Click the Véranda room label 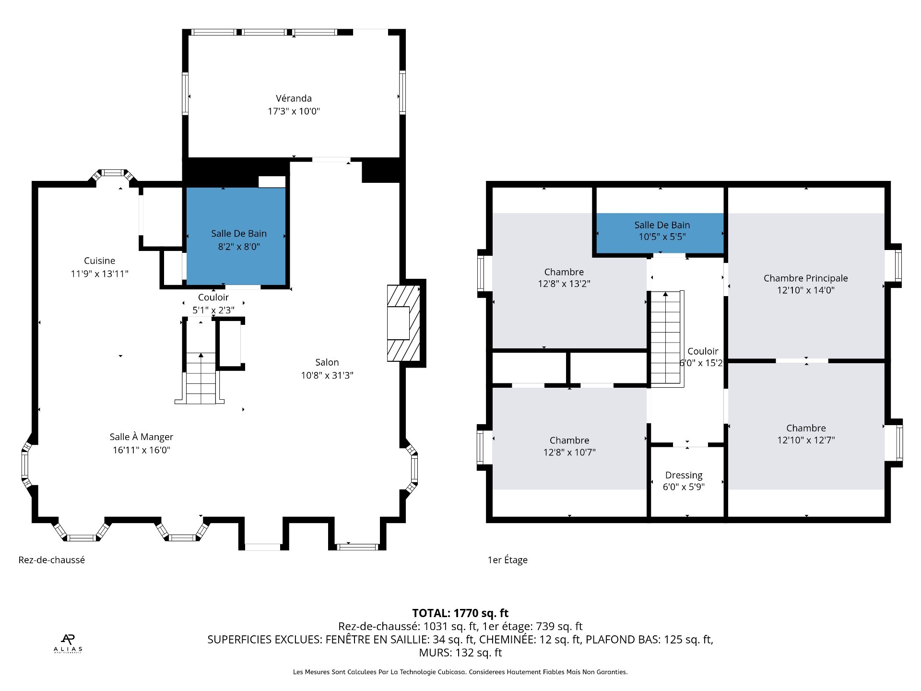pos(294,98)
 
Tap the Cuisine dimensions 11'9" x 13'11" pos(99,274)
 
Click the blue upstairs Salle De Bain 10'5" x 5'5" pos(661,231)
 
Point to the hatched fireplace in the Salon pos(403,323)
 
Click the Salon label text pos(327,362)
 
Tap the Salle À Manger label pos(141,437)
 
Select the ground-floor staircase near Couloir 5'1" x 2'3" pos(201,379)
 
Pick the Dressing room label pos(684,475)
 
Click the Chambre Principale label pos(805,278)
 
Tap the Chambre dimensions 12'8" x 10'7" pos(569,452)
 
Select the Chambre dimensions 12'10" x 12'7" pos(806,440)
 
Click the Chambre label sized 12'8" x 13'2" pos(564,272)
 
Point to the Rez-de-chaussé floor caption pos(52,560)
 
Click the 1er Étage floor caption pos(508,560)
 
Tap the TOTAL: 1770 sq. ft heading pos(460,613)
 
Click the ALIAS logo pos(68,643)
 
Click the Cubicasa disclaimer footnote pos(460,672)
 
